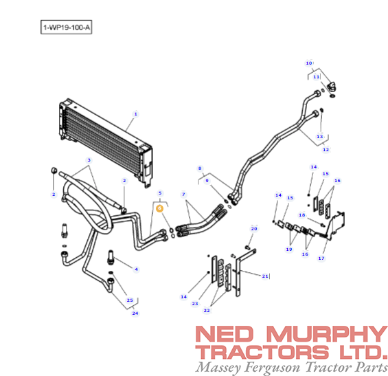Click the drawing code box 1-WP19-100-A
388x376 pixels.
click(x=67, y=27)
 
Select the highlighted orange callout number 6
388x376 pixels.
click(x=159, y=208)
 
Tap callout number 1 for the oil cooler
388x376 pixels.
click(x=135, y=114)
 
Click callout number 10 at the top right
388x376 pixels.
click(x=309, y=63)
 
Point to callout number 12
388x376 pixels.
click(x=326, y=150)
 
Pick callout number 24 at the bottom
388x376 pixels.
click(x=135, y=313)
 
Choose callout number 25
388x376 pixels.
click(x=130, y=300)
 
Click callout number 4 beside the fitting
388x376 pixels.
click(x=137, y=269)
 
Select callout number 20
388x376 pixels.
click(x=254, y=229)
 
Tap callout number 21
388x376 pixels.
click(x=265, y=276)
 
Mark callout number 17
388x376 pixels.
click(x=321, y=258)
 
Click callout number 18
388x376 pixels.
click(x=302, y=215)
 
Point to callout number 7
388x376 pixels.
click(x=183, y=195)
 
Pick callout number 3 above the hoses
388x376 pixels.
click(x=89, y=160)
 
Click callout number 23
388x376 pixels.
click(x=195, y=304)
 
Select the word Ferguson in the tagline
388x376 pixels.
click(x=272, y=367)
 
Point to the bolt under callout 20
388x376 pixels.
click(x=247, y=247)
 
